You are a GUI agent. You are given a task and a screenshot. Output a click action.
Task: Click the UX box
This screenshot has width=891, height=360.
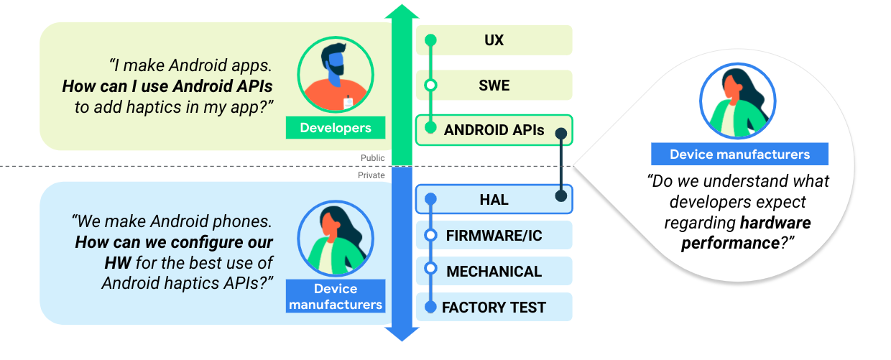[x=494, y=40]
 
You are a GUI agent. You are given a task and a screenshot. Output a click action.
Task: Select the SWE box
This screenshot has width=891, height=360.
[x=494, y=85]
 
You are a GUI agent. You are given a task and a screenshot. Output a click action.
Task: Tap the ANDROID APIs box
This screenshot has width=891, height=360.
[x=494, y=130]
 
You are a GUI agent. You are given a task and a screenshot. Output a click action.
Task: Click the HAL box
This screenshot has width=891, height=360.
[x=494, y=199]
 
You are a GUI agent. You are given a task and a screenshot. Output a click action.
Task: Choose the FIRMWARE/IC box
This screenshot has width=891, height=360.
[x=494, y=235]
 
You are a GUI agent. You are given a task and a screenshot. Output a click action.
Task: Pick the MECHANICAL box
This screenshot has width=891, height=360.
[x=494, y=271]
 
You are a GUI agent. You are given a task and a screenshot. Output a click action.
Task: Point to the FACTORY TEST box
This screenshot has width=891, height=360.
[x=494, y=307]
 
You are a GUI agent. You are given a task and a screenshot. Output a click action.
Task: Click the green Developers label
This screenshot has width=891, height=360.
[x=336, y=128]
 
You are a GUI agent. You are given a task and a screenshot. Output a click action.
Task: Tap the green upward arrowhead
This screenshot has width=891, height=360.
[x=402, y=13]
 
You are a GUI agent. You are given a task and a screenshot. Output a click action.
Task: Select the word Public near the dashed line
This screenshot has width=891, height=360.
[x=373, y=158]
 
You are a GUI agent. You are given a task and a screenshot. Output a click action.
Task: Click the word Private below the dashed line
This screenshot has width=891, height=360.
[x=371, y=175]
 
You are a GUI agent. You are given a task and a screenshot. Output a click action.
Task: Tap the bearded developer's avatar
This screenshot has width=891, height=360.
[x=335, y=75]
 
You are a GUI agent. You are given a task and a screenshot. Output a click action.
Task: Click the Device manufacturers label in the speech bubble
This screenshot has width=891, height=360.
[x=739, y=154]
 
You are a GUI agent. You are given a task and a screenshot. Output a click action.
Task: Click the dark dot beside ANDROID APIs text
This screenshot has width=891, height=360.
[x=561, y=133]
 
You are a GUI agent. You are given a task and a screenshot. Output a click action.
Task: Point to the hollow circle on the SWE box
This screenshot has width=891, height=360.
[x=430, y=86]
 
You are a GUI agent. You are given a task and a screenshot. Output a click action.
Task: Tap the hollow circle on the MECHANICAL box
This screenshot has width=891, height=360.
[x=430, y=269]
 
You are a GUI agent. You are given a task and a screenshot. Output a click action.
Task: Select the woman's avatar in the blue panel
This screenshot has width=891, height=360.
[x=336, y=239]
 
